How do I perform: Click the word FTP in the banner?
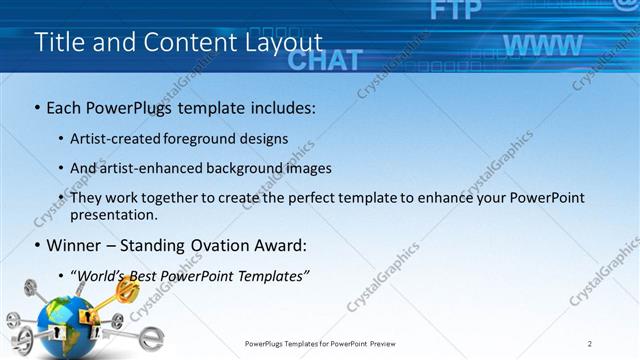point(450,11)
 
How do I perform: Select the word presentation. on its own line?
point(113,214)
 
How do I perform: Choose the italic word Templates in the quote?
point(273,275)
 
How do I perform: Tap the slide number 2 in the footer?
point(590,343)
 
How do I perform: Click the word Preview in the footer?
point(389,343)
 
